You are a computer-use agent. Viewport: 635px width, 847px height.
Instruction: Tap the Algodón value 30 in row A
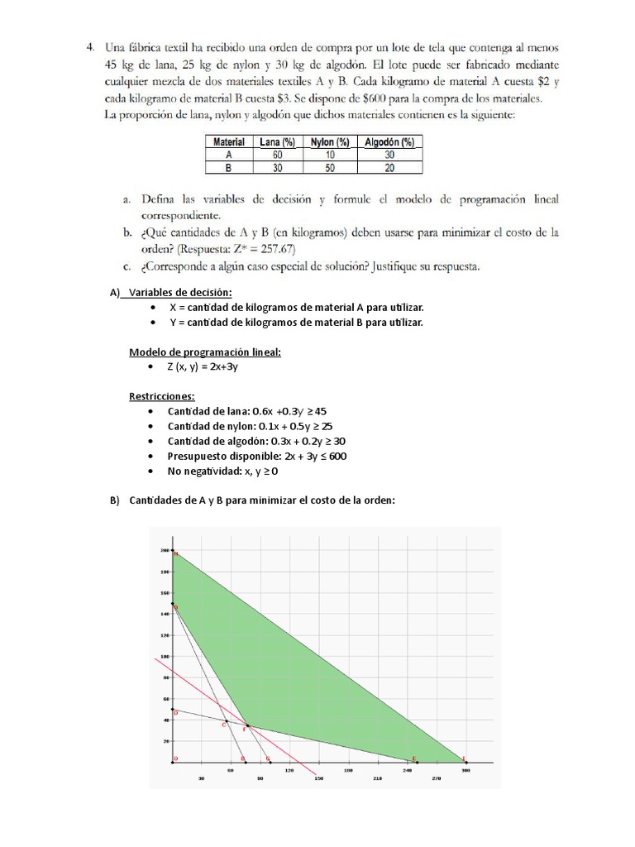389,155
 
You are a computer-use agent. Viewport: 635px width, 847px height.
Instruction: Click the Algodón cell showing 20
389,167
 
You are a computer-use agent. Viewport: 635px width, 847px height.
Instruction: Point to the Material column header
229,142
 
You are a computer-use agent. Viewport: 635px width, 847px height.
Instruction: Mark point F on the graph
246,727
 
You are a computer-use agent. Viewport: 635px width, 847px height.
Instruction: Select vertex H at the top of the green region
174,553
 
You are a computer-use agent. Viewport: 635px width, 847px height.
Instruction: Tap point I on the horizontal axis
464,760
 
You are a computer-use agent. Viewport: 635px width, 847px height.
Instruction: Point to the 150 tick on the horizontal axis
318,778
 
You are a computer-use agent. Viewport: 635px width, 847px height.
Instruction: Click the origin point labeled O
174,760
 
